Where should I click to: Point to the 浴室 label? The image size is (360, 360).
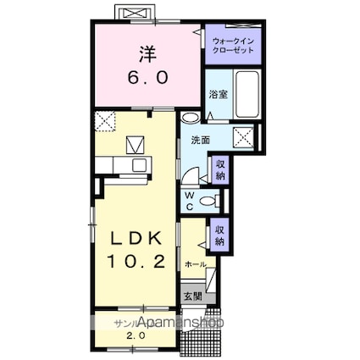click(218, 95)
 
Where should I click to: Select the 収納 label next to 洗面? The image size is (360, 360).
click(220, 169)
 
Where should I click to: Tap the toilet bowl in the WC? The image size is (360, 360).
click(215, 200)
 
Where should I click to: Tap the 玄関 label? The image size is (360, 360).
click(193, 296)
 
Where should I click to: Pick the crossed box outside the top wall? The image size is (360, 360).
click(135, 14)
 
